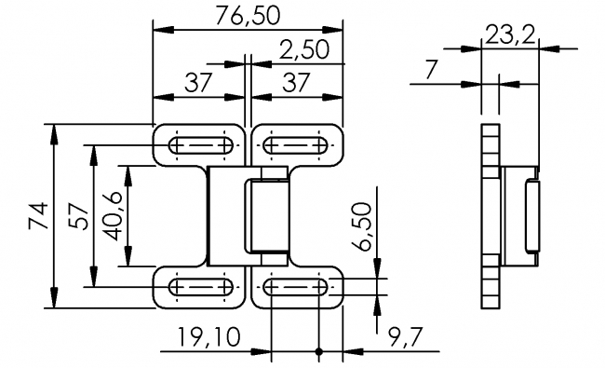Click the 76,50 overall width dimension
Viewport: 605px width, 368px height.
click(248, 16)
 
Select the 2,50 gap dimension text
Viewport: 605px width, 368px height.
click(304, 49)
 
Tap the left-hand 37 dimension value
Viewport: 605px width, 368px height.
click(198, 83)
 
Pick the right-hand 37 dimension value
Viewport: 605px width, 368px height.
click(296, 83)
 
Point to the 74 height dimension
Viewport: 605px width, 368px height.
click(38, 216)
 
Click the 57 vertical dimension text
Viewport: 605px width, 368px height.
click(78, 216)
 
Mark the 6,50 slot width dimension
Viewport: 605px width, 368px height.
click(361, 226)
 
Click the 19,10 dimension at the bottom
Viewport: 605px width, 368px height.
click(208, 336)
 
